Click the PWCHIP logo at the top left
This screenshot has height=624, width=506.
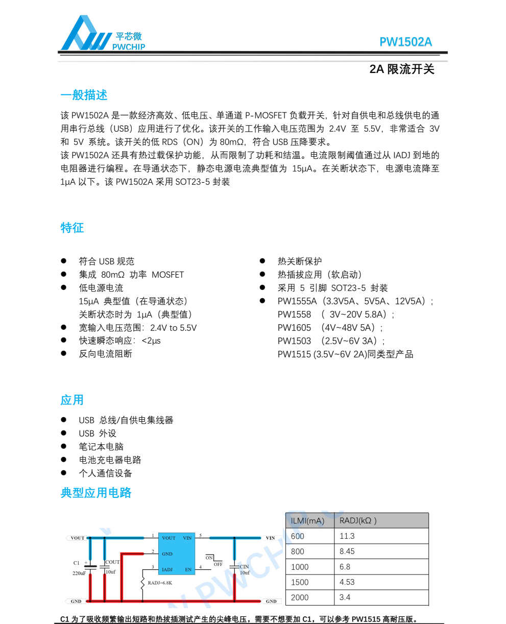point(102,34)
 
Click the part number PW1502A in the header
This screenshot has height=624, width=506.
point(405,42)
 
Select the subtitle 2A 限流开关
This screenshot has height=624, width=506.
point(402,69)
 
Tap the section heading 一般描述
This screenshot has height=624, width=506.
point(84,95)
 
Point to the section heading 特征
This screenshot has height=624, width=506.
point(72,228)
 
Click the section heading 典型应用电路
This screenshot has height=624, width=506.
point(96,493)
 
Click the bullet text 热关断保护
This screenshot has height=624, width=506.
point(300,261)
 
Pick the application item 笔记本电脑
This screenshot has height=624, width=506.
point(101,447)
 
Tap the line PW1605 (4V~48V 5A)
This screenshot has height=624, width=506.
point(330,327)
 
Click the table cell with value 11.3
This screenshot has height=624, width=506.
point(347,536)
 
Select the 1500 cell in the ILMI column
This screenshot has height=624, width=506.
point(300,582)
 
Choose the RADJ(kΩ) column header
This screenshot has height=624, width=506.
point(358,521)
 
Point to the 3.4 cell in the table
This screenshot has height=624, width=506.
point(345,597)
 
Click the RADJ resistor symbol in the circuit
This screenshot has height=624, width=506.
point(143,583)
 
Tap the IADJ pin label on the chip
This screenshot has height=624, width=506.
point(167,569)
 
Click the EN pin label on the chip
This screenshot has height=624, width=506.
point(188,569)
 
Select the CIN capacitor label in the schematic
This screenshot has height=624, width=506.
point(244,566)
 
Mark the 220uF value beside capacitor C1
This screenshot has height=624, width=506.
point(79,573)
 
